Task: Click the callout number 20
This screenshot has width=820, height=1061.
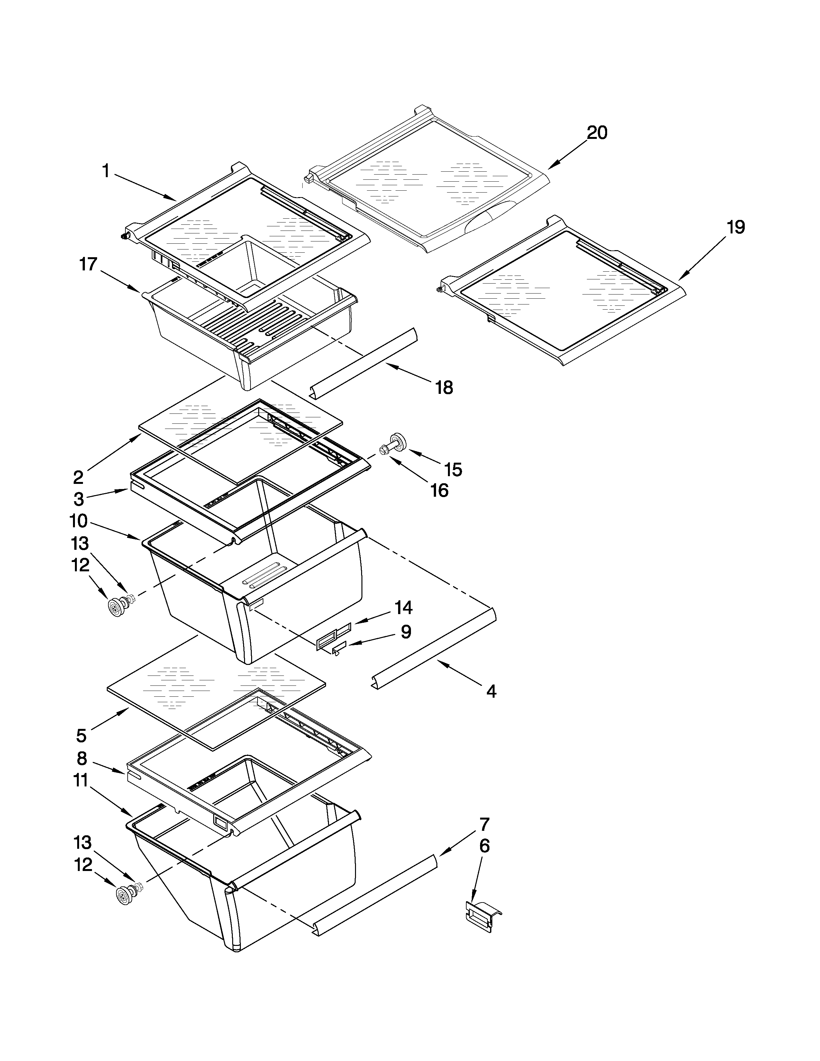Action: pos(597,132)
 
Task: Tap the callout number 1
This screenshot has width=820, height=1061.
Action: pos(105,171)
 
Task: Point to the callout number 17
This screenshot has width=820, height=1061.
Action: pos(88,265)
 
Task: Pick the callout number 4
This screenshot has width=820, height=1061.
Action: pos(491,691)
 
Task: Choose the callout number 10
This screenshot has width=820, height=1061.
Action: pos(78,521)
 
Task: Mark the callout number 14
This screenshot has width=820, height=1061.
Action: pos(403,607)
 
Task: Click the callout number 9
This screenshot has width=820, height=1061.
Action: pos(405,631)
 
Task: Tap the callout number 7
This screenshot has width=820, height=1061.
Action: pos(484,824)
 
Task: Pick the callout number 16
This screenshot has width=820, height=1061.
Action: pos(439,491)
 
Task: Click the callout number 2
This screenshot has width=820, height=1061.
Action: pos(78,477)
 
